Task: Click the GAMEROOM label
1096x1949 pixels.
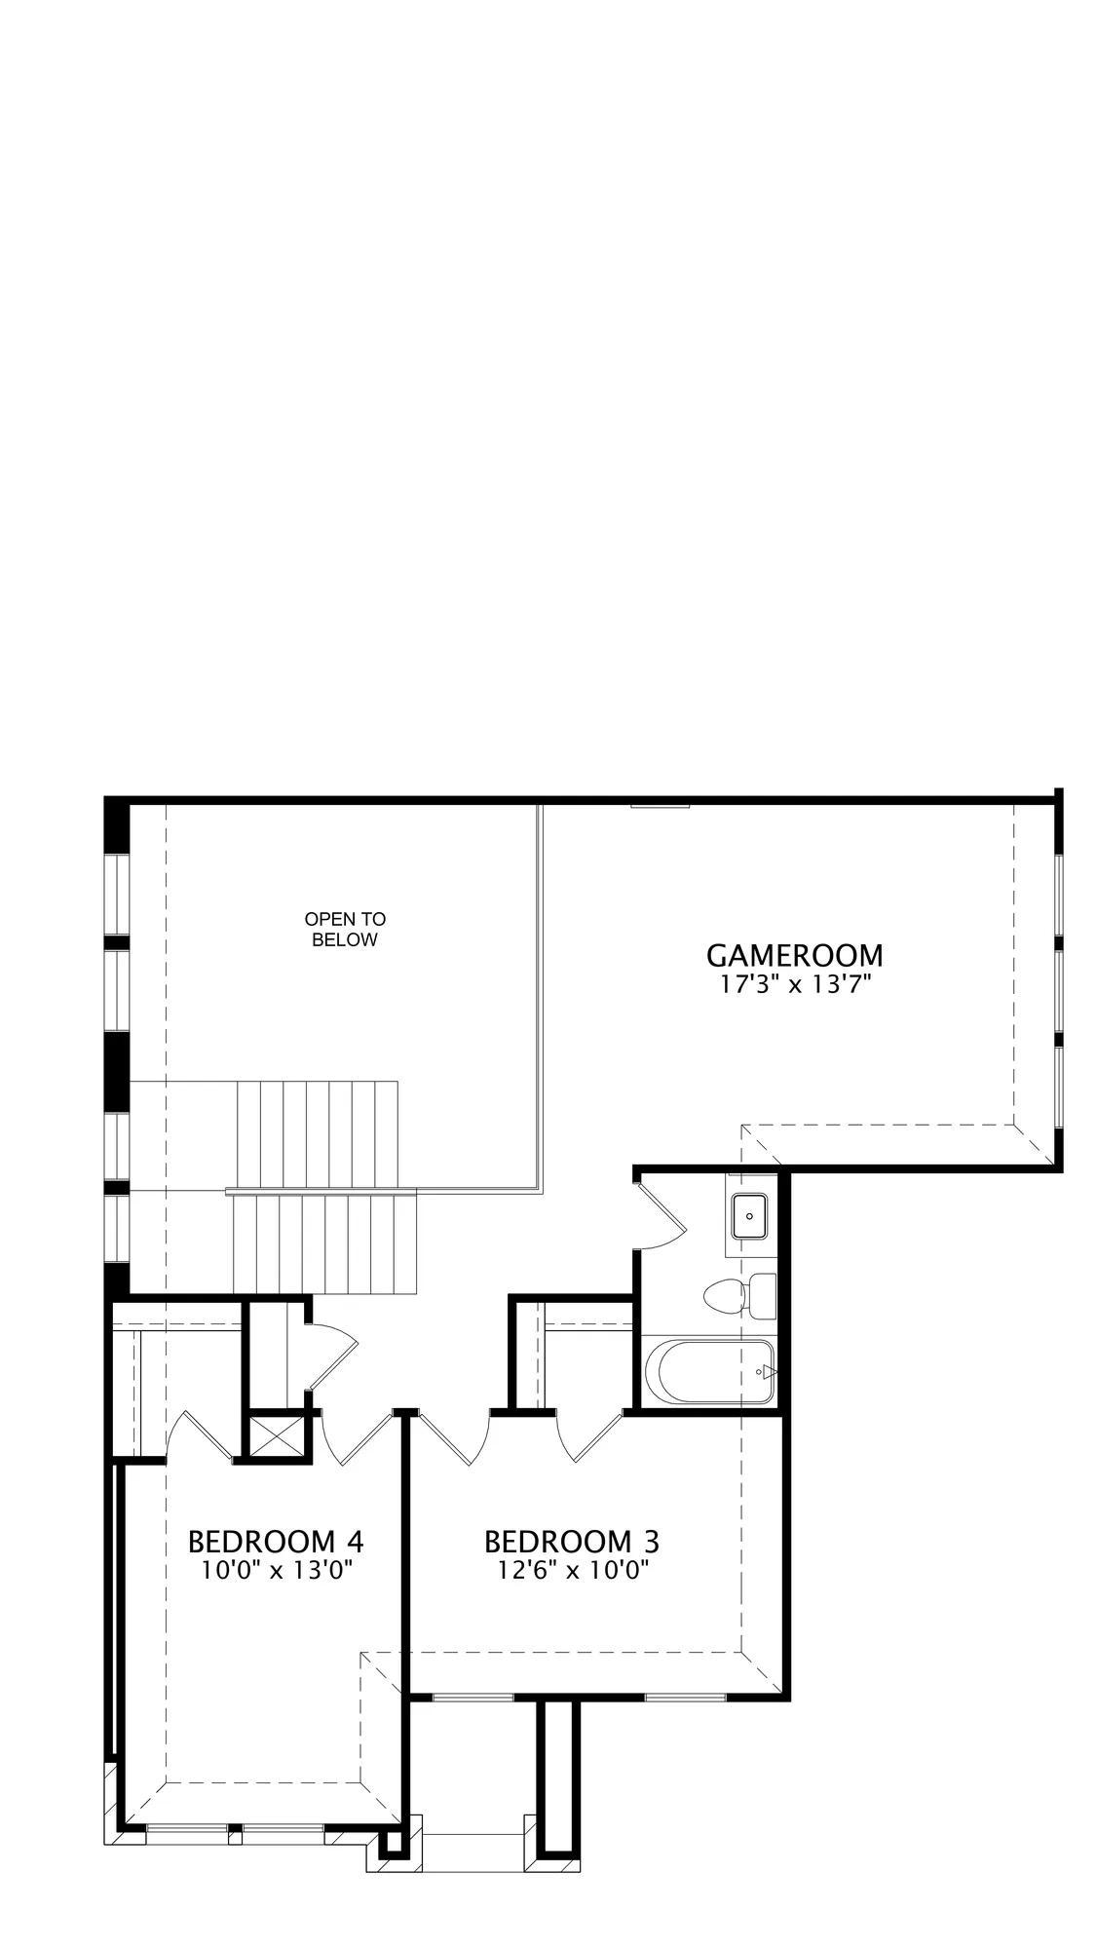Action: click(794, 955)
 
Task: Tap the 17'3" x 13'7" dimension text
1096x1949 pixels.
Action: click(794, 984)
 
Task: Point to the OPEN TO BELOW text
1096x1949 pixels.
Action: click(345, 930)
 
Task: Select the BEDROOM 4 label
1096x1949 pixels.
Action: click(276, 1542)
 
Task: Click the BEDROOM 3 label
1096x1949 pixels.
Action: click(572, 1542)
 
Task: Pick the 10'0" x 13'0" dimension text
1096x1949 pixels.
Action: click(276, 1571)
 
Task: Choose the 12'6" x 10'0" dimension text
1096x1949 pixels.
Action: click(572, 1571)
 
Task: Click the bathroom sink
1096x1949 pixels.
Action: click(750, 1215)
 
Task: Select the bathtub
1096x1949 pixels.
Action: click(708, 1372)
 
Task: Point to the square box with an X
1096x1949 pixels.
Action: click(276, 1436)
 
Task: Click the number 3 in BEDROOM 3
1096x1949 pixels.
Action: click(650, 1542)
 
